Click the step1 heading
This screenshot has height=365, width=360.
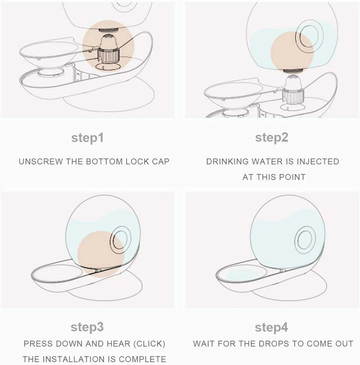[x=87, y=138]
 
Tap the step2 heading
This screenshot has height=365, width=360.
[x=272, y=138]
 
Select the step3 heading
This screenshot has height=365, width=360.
[x=87, y=327]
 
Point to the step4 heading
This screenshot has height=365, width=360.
[x=271, y=328]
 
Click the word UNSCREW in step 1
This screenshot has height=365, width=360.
[x=41, y=162]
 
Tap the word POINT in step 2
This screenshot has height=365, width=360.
[x=292, y=177]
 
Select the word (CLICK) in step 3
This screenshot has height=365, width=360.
[x=149, y=344]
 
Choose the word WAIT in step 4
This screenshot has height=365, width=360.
[x=204, y=344]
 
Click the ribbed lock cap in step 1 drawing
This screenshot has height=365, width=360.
[x=108, y=55]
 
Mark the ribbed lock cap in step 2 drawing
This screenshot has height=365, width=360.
[x=293, y=96]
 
